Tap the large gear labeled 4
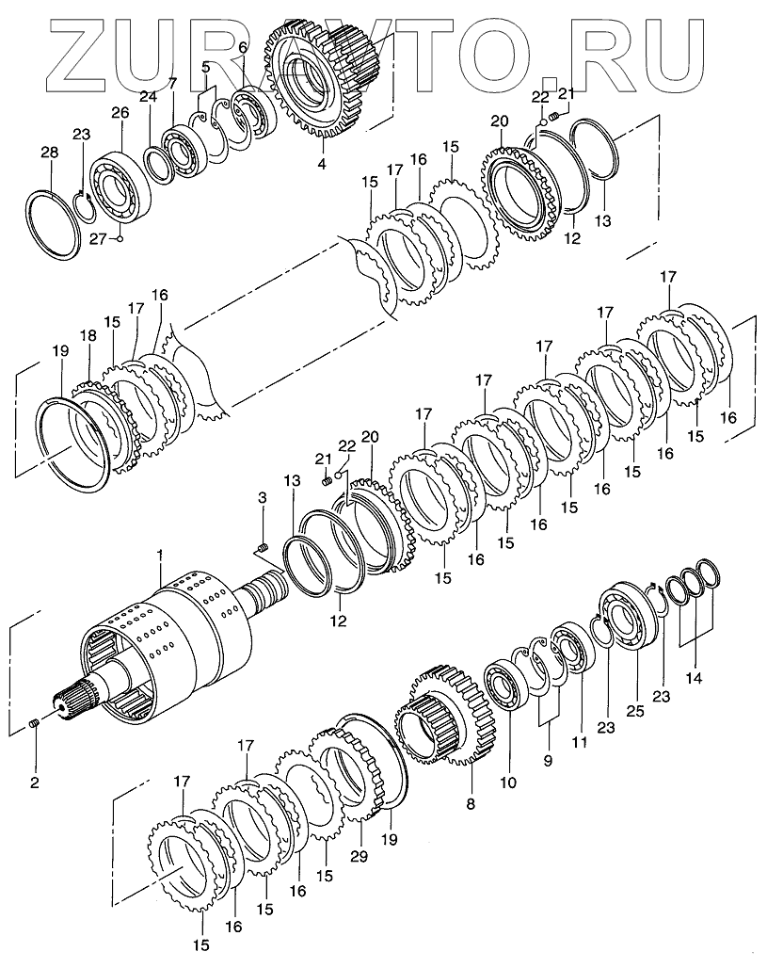pos(325,89)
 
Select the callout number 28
pos(49,153)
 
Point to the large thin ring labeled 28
pos(58,222)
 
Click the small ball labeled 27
pos(120,237)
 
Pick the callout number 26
pos(119,114)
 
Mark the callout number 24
pos(149,95)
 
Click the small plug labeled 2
pos(34,722)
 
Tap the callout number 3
pos(263,498)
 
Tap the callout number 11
pos(581,742)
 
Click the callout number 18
pos(88,337)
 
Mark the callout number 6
pos(242,48)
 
